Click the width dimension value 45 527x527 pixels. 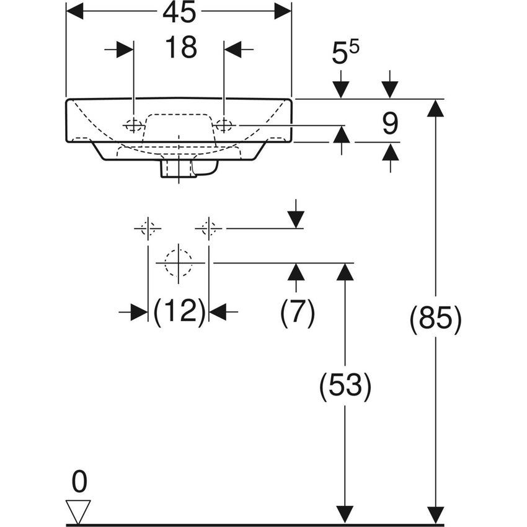pyautogui.click(x=180, y=11)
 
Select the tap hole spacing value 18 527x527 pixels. pyautogui.click(x=180, y=48)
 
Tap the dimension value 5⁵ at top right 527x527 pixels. pyautogui.click(x=346, y=54)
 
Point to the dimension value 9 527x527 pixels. pyautogui.click(x=389, y=124)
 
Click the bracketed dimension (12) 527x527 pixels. pyautogui.click(x=179, y=312)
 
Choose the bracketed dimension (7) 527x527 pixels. pyautogui.click(x=297, y=312)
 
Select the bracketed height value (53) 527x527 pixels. pyautogui.click(x=345, y=387)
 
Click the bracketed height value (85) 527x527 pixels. pyautogui.click(x=435, y=320)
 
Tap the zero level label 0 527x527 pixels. pyautogui.click(x=79, y=482)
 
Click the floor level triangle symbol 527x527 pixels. pyautogui.click(x=79, y=511)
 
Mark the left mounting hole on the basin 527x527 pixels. pyautogui.click(x=133, y=125)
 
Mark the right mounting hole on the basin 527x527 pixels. pyautogui.click(x=223, y=125)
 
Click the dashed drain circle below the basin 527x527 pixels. pyautogui.click(x=179, y=262)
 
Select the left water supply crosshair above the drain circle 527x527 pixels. pyautogui.click(x=148, y=229)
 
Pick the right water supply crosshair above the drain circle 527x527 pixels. pyautogui.click(x=208, y=229)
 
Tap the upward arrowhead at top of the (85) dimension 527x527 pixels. pyautogui.click(x=436, y=108)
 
